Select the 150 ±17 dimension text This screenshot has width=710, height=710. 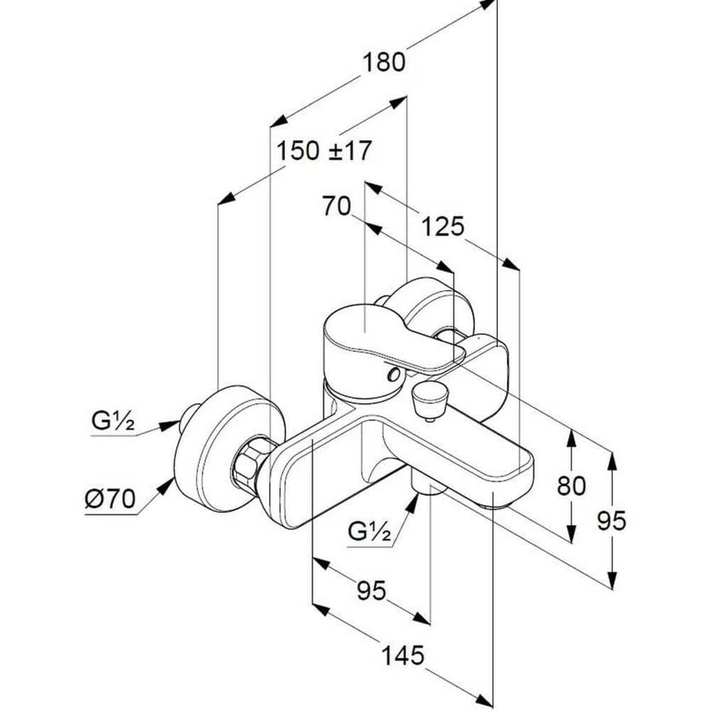pyautogui.click(x=324, y=151)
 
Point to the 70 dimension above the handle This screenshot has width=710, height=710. pyautogui.click(x=337, y=207)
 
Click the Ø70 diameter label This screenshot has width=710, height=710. pyautogui.click(x=109, y=499)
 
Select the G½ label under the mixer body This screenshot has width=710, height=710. pyautogui.click(x=370, y=530)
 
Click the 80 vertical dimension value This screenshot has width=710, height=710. pyautogui.click(x=571, y=486)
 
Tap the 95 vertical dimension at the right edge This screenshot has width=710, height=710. pyautogui.click(x=611, y=522)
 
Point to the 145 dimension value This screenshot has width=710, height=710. pyautogui.click(x=402, y=654)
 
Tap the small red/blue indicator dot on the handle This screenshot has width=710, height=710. pyautogui.click(x=391, y=373)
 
